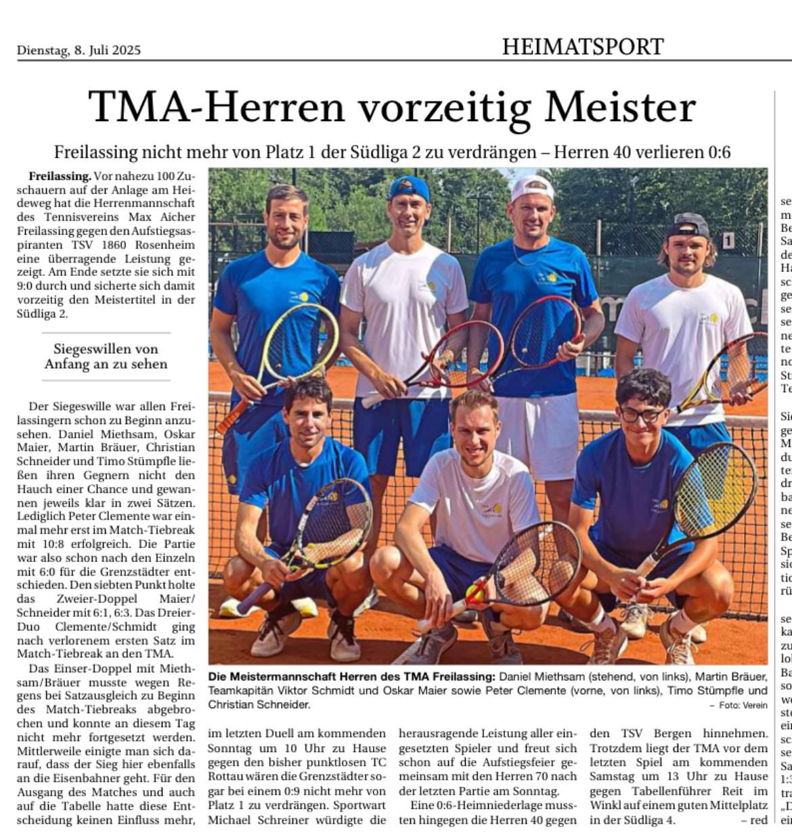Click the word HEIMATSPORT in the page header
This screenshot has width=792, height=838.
tap(582, 47)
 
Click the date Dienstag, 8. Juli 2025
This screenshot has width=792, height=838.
tap(79, 50)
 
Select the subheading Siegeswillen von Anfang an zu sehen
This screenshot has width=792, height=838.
tap(106, 356)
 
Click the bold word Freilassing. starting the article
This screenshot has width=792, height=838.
tap(60, 176)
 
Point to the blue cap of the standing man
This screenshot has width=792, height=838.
tap(409, 187)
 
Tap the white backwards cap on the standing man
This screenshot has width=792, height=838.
tap(532, 187)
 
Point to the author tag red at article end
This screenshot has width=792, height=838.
tap(758, 820)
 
